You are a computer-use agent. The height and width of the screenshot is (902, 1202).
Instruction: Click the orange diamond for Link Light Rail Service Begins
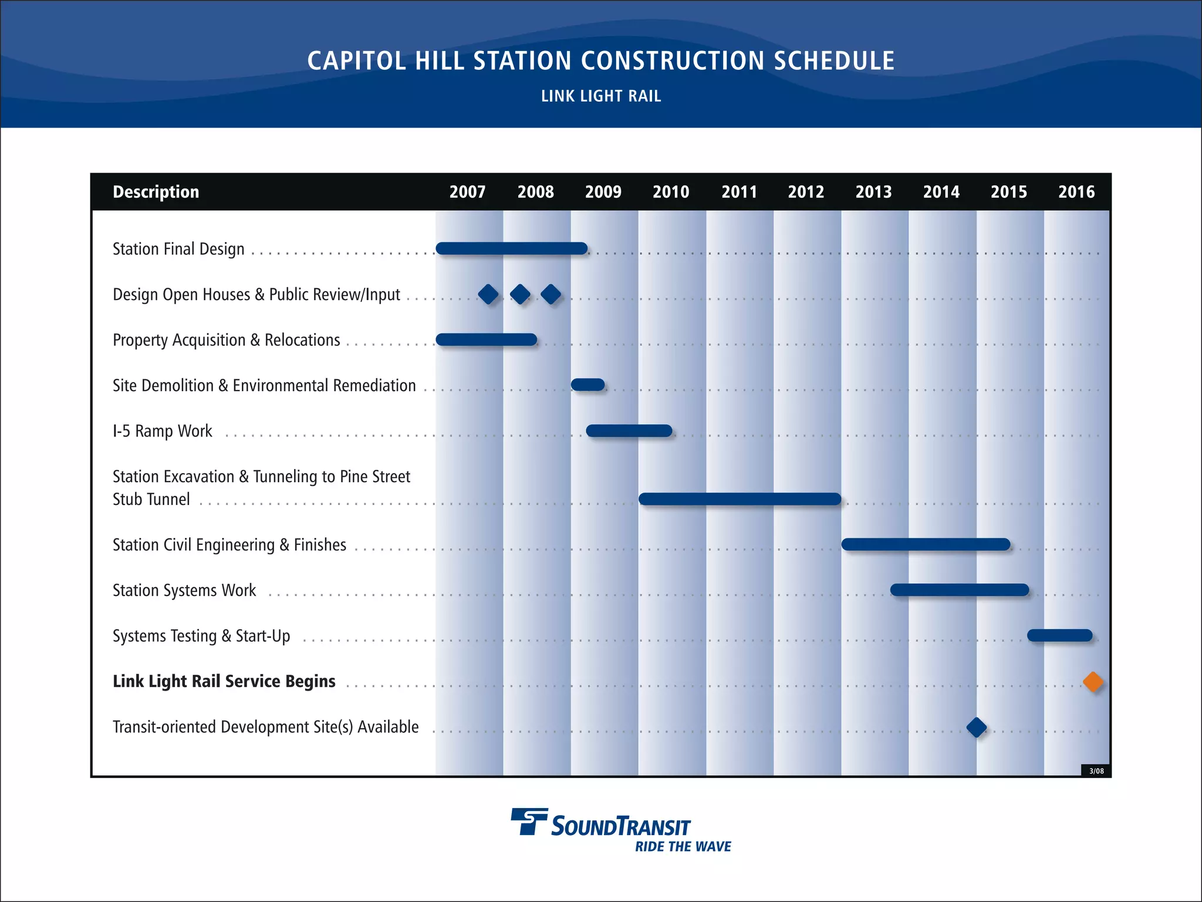(x=1093, y=682)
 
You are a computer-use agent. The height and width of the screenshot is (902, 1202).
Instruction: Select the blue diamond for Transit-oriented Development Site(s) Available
(x=976, y=727)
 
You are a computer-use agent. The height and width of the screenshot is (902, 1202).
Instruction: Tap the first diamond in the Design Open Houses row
(x=488, y=294)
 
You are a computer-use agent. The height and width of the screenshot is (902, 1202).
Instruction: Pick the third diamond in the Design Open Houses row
(x=551, y=294)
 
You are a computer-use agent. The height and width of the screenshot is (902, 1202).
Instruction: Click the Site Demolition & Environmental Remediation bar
(x=588, y=385)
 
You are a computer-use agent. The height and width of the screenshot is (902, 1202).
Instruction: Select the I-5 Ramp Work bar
(x=629, y=430)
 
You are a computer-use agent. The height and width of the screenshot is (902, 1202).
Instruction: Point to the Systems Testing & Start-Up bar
(x=1059, y=635)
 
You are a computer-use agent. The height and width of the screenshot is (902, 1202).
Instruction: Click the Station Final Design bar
(x=511, y=248)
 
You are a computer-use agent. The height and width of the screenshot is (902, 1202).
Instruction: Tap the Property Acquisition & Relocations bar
(x=486, y=339)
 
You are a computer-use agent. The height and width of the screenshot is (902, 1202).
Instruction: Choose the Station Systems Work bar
(x=959, y=590)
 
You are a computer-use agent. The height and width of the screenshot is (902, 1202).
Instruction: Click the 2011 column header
(x=739, y=192)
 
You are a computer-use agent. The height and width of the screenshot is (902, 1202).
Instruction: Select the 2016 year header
(x=1076, y=192)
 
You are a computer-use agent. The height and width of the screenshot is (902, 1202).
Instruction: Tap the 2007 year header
(x=468, y=192)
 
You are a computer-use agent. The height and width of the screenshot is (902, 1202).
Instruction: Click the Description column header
(x=156, y=192)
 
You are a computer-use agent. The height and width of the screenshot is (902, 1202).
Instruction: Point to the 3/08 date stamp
(x=1096, y=771)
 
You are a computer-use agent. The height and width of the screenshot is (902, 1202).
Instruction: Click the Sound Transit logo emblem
(x=529, y=821)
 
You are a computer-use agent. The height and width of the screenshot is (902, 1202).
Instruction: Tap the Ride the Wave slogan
(x=683, y=846)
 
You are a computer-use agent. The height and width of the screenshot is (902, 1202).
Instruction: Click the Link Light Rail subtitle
(x=601, y=96)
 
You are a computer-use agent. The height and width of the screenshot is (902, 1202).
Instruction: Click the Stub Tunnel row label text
(x=151, y=499)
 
